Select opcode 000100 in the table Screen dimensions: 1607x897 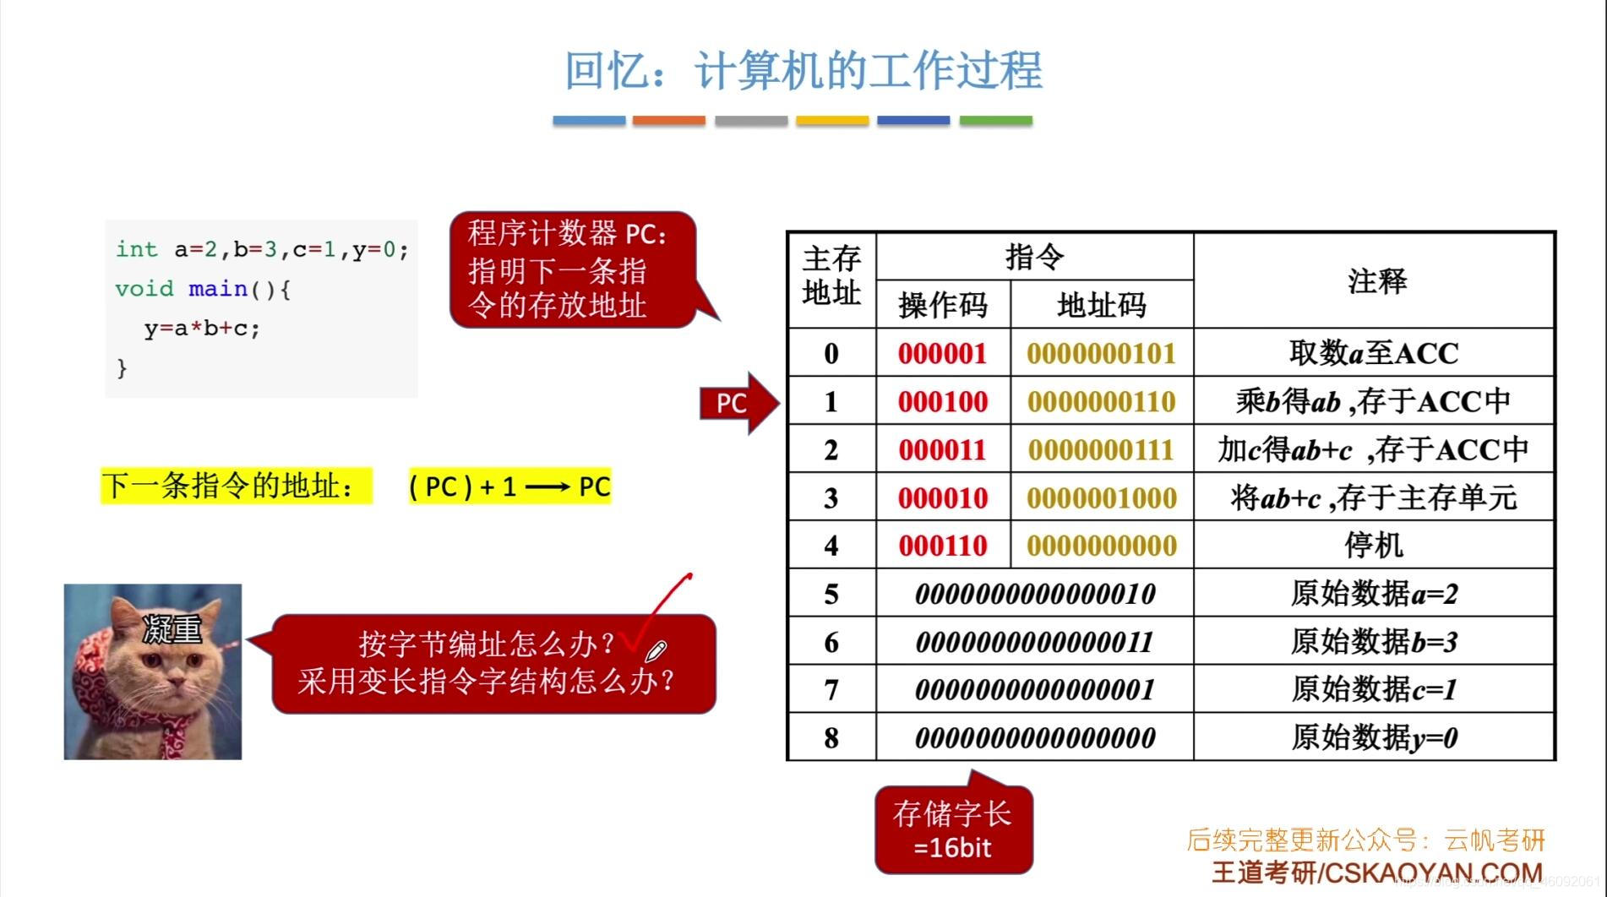coord(943,402)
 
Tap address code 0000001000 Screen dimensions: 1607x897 coord(1102,498)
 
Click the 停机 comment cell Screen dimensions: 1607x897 coord(1374,546)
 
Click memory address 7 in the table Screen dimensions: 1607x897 coord(831,690)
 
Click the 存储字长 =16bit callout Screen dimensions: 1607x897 coord(953,830)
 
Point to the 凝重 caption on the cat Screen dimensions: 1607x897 coord(172,628)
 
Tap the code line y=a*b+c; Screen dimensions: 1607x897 coord(202,328)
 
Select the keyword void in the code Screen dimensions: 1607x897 coord(144,289)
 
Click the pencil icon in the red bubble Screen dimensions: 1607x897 coord(656,650)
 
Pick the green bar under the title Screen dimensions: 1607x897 coord(995,121)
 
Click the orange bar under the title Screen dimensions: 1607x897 coord(668,121)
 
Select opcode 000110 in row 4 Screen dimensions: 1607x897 coord(943,546)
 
